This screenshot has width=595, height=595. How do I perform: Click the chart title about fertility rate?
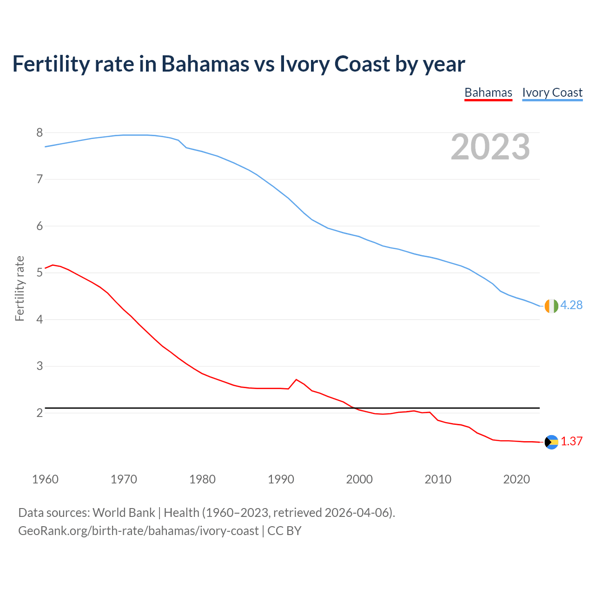tap(238, 64)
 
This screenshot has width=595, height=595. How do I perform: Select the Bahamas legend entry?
tap(488, 93)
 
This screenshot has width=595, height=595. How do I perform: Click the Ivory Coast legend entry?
tap(552, 93)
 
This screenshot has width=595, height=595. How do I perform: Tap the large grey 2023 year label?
tap(490, 147)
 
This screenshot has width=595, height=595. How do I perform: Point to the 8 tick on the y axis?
tap(40, 133)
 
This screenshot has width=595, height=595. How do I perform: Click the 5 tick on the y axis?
tap(40, 273)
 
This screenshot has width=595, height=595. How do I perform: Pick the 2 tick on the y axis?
tap(40, 413)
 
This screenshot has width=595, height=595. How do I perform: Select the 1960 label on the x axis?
tap(45, 479)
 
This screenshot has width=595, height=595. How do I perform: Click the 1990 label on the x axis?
tap(281, 479)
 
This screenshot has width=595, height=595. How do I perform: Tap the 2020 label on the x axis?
tap(516, 479)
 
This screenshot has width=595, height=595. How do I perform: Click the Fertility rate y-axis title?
tap(20, 288)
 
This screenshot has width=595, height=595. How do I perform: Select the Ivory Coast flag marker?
tap(551, 306)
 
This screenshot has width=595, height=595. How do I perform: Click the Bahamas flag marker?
tap(551, 442)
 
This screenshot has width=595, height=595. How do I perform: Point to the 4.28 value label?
tap(571, 305)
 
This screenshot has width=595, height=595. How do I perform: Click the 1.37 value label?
tap(571, 442)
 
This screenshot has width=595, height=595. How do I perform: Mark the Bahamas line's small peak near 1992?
tap(296, 380)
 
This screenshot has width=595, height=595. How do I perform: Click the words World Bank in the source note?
tap(124, 513)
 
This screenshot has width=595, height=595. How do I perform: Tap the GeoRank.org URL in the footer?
tap(138, 531)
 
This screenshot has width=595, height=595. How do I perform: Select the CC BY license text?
tap(284, 531)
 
